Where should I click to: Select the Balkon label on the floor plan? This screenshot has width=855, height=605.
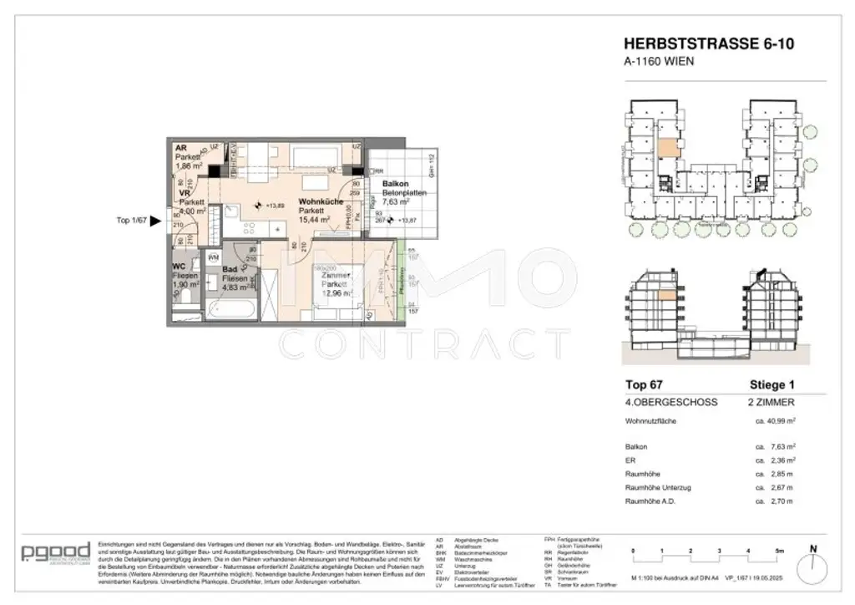395,183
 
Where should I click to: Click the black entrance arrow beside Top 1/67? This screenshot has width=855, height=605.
154,221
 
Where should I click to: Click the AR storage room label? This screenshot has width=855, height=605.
180,148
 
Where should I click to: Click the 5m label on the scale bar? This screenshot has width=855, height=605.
780,552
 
